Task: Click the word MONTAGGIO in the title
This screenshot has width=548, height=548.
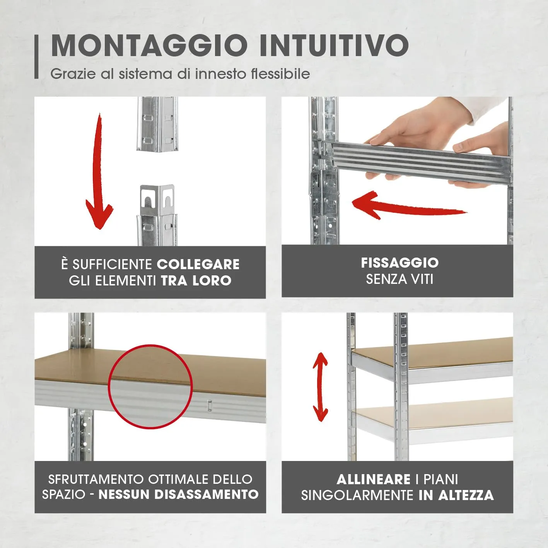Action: [x=149, y=46]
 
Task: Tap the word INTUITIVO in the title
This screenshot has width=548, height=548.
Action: [x=334, y=46]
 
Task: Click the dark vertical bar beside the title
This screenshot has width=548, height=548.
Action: [x=37, y=56]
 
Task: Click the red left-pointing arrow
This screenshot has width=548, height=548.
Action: [x=406, y=205]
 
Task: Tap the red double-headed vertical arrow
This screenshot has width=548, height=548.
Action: [x=320, y=387]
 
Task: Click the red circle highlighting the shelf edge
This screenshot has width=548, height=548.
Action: [x=150, y=386]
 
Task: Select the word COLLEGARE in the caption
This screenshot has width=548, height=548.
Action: [x=198, y=265]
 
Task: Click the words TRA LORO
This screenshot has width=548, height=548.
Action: [x=196, y=281]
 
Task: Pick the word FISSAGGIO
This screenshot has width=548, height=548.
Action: [x=399, y=263]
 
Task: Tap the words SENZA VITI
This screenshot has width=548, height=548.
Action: [x=399, y=279]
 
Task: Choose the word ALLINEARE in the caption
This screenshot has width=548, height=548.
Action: [x=373, y=480]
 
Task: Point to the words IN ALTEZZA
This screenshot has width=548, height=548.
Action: [x=456, y=495]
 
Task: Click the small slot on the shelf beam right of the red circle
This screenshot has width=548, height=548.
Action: [x=209, y=405]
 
